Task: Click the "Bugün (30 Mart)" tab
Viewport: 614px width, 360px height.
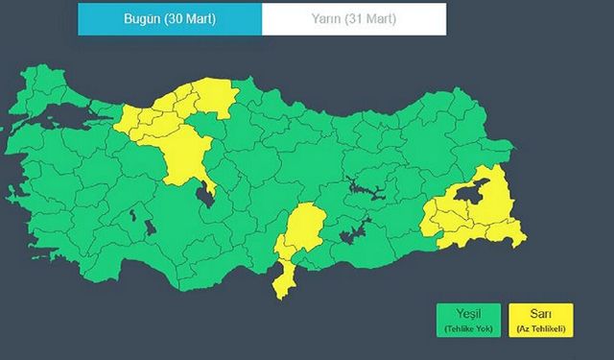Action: [169, 18]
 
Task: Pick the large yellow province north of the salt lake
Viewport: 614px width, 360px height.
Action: [185, 154]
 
